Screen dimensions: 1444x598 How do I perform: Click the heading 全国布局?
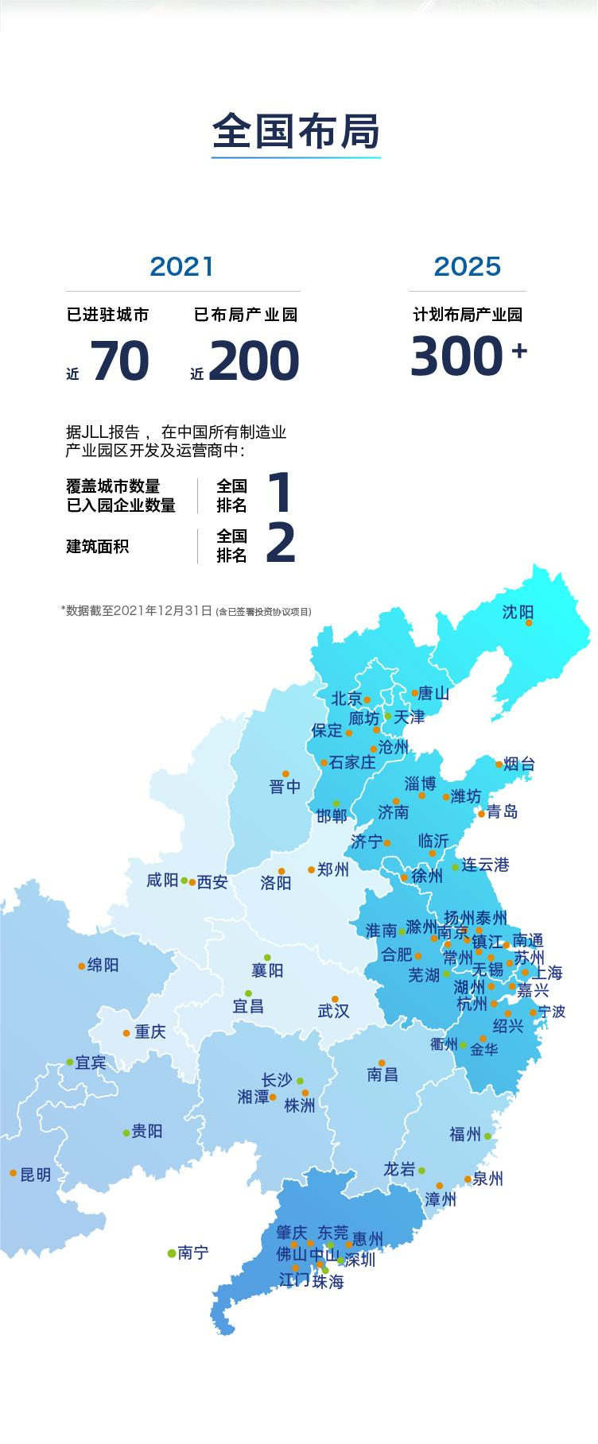click(296, 132)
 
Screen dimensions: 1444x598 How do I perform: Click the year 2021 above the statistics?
click(182, 266)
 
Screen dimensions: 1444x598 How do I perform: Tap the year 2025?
click(467, 266)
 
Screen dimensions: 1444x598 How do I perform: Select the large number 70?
click(120, 361)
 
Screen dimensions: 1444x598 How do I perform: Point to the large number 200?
click(254, 361)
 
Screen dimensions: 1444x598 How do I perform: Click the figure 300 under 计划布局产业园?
click(458, 356)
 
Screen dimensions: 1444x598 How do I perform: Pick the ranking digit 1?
click(280, 493)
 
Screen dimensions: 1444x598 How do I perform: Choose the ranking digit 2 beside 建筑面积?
click(280, 544)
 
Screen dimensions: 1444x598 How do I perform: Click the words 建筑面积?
click(97, 547)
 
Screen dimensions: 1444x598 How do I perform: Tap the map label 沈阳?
click(518, 612)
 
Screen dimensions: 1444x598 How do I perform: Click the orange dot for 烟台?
click(499, 765)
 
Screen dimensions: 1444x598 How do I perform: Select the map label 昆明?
click(36, 1175)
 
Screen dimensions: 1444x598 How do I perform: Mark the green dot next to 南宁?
click(171, 1253)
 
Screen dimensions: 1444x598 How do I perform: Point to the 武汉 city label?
click(333, 1011)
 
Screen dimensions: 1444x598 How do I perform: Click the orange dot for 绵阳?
click(81, 966)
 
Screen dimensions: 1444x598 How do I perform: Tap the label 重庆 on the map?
click(149, 1032)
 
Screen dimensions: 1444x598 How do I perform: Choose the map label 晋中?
click(285, 787)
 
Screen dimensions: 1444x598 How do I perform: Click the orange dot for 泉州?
click(468, 1179)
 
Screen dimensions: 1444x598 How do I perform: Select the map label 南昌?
click(382, 1075)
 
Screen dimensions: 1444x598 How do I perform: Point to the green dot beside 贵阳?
click(126, 1133)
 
